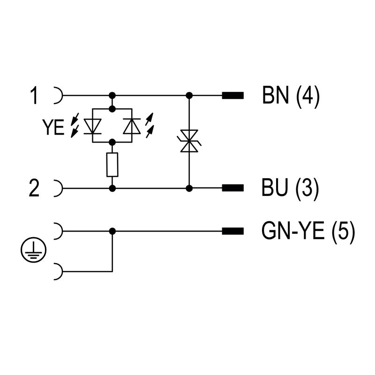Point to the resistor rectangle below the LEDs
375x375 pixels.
[x=112, y=165]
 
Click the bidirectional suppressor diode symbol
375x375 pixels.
[x=189, y=141]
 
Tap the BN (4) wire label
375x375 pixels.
[x=291, y=97]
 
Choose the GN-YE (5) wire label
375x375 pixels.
[x=307, y=232]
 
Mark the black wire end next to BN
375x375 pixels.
[x=232, y=96]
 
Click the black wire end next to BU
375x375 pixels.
[x=232, y=189]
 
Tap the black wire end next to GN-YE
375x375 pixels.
[x=232, y=231]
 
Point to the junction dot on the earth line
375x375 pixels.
[x=112, y=231]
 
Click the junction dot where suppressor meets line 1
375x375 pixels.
[x=189, y=96]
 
